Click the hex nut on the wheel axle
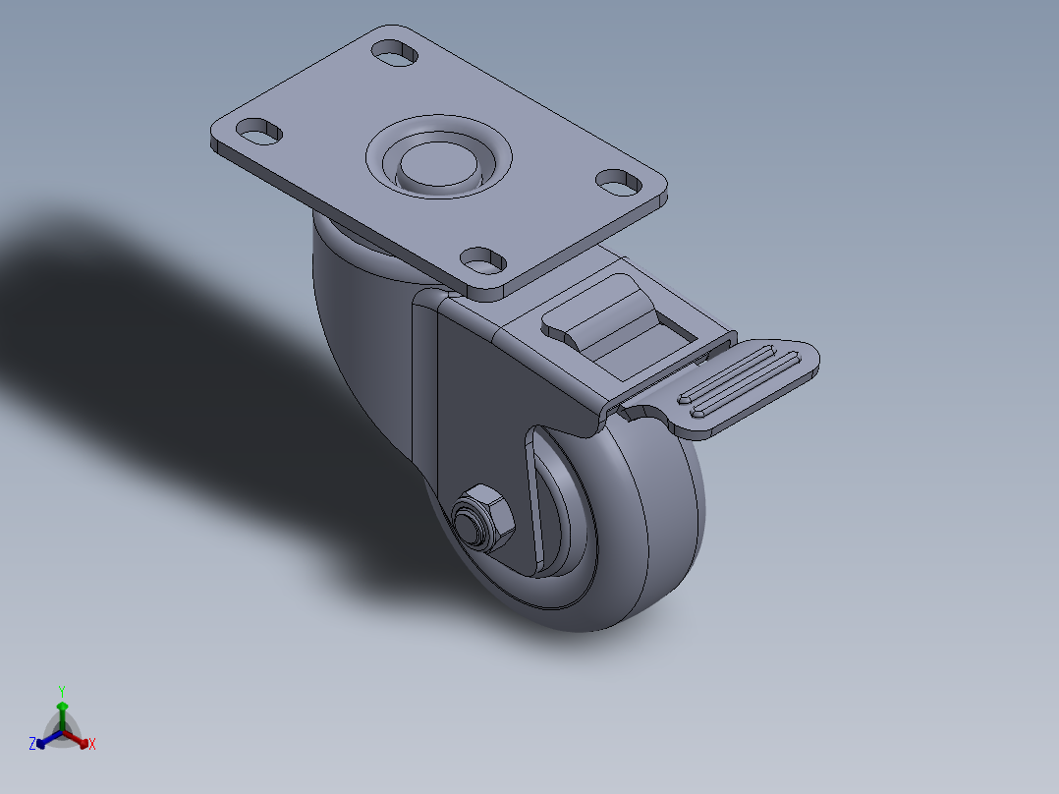click(484, 517)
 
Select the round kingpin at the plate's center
click(437, 165)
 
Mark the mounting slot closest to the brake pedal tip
click(617, 181)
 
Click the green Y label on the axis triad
click(61, 691)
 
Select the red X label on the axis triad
click(92, 745)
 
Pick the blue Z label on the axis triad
click(32, 744)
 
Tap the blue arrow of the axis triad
click(44, 740)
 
